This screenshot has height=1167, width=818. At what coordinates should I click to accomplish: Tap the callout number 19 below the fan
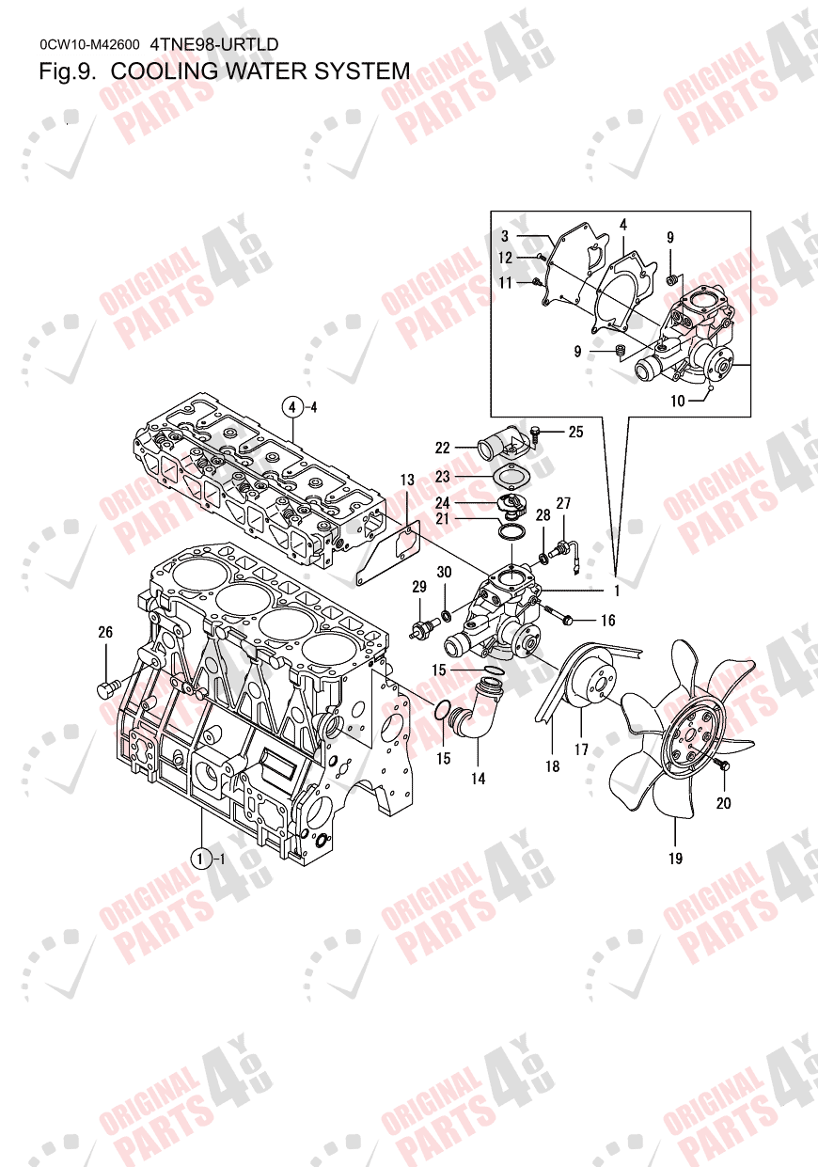pos(675,858)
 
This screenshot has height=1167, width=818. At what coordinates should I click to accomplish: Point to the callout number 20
pos(723,803)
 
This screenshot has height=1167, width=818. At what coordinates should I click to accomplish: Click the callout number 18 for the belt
pos(552,766)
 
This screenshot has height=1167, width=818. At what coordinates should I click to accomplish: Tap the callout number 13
pos(407,481)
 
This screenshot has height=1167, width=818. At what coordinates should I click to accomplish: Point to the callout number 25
pos(575,432)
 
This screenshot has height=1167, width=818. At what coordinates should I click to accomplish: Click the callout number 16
pos(607,621)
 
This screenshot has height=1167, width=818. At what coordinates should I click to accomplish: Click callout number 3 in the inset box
pos(505,235)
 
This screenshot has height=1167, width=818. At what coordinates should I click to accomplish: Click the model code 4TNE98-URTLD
pos(214,44)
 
